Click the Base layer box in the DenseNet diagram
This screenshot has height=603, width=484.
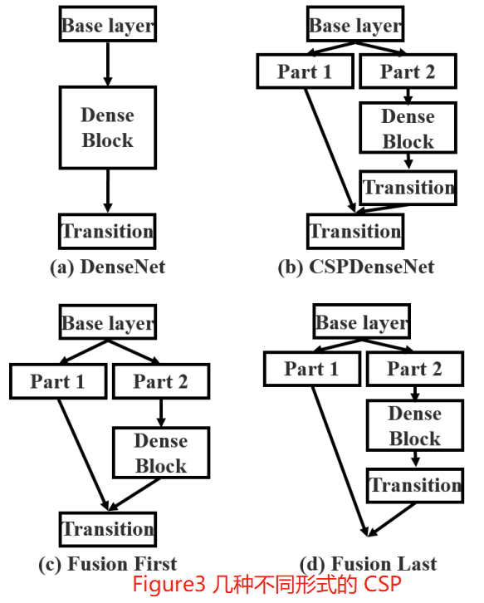click(x=107, y=25)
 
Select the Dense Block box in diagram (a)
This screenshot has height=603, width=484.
click(x=107, y=127)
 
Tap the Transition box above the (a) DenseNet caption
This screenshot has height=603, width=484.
click(x=107, y=231)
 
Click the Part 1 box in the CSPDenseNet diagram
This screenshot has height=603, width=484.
click(x=304, y=71)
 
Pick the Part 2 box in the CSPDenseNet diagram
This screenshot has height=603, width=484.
click(x=407, y=71)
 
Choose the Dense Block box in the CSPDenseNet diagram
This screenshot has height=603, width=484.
click(x=408, y=129)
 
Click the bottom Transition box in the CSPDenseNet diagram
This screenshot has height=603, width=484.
click(x=355, y=231)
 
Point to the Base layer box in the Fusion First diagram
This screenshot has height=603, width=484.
click(x=108, y=322)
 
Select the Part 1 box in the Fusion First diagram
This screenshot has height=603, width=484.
click(x=57, y=381)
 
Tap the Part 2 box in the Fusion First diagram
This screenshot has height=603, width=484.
click(x=160, y=381)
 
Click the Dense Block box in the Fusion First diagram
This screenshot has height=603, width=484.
click(x=160, y=453)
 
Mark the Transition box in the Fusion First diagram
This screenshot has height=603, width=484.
click(x=107, y=529)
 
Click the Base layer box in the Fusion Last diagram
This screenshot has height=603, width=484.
click(x=362, y=322)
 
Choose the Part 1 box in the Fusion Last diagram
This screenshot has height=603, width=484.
click(x=311, y=369)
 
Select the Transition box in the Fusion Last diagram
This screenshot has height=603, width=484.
click(x=414, y=485)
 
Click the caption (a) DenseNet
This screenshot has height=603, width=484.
click(x=107, y=267)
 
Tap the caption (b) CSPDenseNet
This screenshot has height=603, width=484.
click(x=355, y=267)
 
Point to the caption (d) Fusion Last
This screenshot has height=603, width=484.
click(x=369, y=564)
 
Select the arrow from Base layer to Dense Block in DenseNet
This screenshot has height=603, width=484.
click(x=107, y=63)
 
